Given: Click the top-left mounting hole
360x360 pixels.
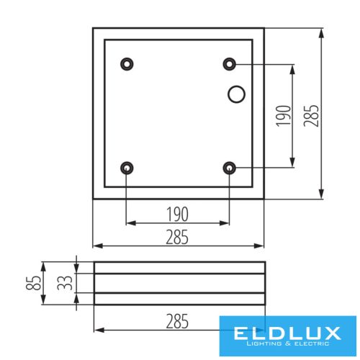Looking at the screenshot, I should coord(127,64).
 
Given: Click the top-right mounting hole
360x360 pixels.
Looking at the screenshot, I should coord(230,64).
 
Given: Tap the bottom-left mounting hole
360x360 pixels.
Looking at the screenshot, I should coord(127,168).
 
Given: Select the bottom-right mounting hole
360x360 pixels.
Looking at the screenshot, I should coord(230,168).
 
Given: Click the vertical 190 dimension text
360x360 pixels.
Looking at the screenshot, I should coord(284,116).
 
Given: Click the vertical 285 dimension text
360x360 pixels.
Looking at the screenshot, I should coord(310,113).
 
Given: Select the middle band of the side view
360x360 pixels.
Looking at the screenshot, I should coord(179,283).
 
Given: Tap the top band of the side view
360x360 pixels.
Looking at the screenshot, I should coord(179,268).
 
